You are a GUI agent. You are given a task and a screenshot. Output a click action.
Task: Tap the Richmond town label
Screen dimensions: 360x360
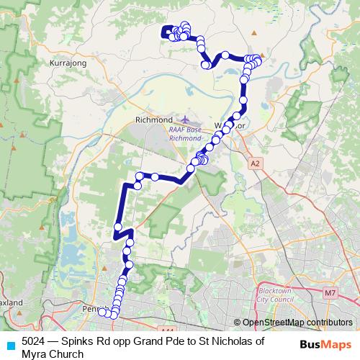(x=154, y=119)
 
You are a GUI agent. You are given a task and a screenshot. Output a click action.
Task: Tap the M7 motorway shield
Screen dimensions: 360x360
(x=330, y=293)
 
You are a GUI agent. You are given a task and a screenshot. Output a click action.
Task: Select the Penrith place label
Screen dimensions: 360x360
(x=95, y=310)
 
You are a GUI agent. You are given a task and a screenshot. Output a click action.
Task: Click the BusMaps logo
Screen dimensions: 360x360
(x=325, y=344)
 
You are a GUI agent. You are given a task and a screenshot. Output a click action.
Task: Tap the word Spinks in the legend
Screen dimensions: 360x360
(x=78, y=341)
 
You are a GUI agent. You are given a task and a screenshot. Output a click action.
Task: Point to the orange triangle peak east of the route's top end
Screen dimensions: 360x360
(x=253, y=33)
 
